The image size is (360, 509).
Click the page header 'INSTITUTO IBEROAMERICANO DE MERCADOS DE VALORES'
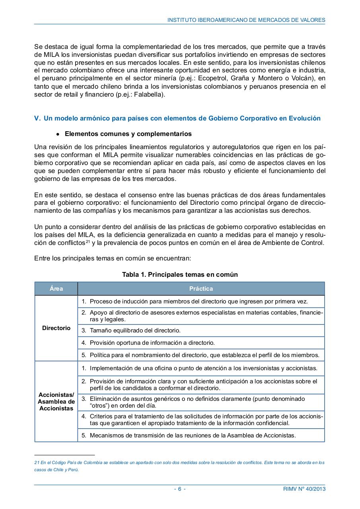click(x=246, y=19)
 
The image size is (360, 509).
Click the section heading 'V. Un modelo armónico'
click(x=177, y=118)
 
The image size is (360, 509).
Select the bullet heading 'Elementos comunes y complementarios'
click(x=128, y=134)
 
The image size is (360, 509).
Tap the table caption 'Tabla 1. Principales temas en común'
click(x=180, y=274)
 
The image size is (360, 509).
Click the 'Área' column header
click(x=56, y=289)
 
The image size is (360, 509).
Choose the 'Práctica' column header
click(x=201, y=289)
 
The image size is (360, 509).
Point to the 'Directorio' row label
click(x=56, y=328)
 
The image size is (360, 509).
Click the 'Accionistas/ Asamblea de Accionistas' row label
click(x=56, y=401)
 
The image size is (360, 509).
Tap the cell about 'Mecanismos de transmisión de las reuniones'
click(x=193, y=435)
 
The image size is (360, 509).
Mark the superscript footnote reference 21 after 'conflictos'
click(x=88, y=241)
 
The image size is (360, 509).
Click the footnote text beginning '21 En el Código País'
click(x=179, y=466)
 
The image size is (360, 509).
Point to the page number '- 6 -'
click(x=180, y=489)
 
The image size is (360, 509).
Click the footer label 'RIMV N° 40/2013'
click(x=301, y=489)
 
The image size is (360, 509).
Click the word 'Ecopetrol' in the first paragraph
click(x=209, y=79)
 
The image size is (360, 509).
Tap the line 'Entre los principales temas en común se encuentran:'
click(x=113, y=258)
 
